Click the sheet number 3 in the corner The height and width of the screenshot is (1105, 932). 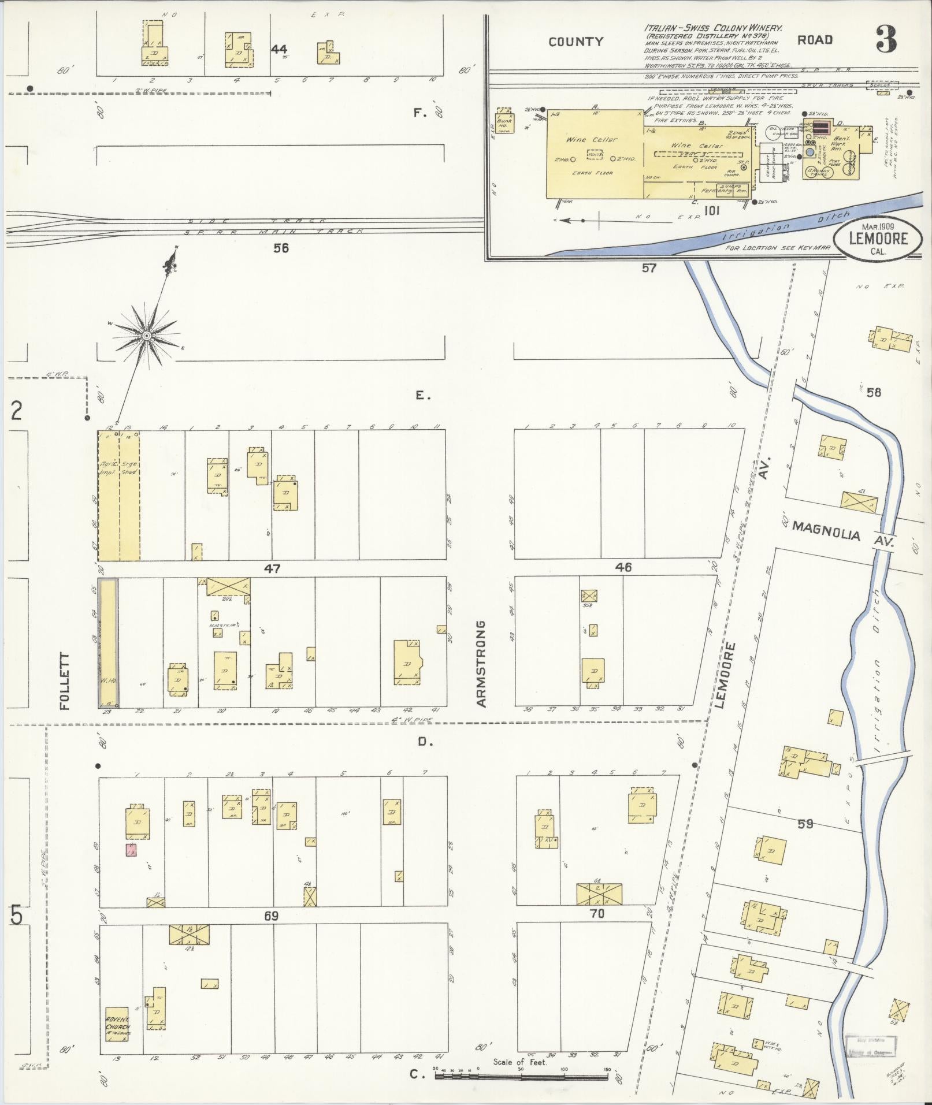pos(886,40)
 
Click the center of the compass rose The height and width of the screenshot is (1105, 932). pos(147,336)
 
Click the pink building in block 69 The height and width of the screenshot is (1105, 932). pos(131,850)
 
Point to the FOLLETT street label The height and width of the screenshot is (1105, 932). pos(64,681)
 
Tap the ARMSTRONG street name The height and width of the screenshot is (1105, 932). pos(481,664)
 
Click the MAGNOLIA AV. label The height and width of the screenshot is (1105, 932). pos(843,533)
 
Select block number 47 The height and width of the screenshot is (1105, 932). pos(272,568)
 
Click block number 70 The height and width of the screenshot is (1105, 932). pos(597,914)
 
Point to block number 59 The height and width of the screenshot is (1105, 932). pos(805,824)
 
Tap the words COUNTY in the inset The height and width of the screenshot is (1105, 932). pos(575,42)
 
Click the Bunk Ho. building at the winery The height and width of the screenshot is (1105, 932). pos(504,123)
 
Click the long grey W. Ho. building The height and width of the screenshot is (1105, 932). pos(108,643)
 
